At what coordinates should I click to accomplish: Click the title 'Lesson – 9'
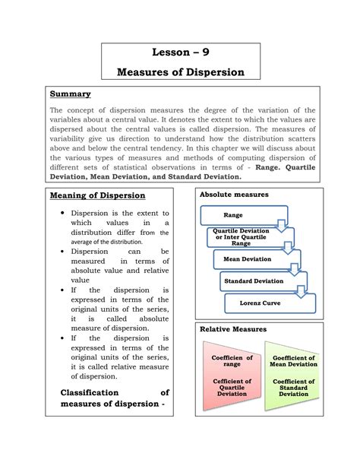[180, 54]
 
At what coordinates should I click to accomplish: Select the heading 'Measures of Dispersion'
[180, 72]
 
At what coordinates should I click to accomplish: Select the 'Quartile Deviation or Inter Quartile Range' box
[241, 237]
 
